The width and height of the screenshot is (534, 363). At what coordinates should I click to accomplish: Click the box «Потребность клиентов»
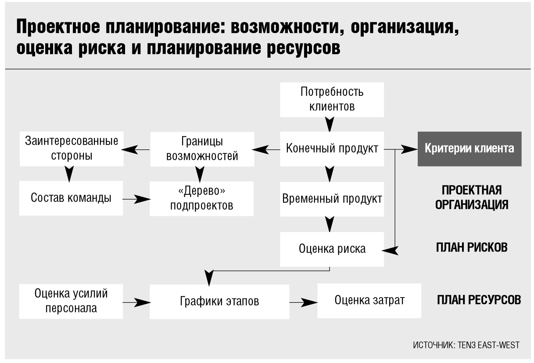332,100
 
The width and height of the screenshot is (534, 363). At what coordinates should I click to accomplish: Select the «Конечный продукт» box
332,149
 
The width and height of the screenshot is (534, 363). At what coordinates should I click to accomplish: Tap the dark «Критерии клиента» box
469,149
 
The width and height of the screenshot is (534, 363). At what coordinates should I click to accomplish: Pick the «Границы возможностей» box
202,149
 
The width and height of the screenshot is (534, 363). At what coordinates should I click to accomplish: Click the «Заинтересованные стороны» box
72,149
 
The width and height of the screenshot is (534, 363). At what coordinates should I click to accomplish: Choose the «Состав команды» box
71,198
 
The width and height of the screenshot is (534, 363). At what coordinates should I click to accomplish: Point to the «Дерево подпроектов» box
202,199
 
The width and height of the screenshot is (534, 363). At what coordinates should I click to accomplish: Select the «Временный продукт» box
332,199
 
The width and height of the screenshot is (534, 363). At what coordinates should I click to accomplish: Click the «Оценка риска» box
332,249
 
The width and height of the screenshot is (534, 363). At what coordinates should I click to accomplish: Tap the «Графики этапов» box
219,301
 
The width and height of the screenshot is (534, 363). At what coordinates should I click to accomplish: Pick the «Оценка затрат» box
369,301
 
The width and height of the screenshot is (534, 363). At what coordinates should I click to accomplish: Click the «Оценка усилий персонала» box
71,301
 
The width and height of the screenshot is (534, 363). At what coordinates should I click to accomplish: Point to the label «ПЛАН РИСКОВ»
472,247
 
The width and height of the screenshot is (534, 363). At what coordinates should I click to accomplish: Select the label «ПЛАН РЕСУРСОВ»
479,300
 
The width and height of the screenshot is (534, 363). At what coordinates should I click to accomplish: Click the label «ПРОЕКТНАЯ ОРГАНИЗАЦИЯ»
472,197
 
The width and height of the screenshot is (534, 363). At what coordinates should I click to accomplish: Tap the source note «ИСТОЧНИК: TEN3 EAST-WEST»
466,345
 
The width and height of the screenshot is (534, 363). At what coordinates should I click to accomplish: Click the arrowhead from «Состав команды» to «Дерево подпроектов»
142,199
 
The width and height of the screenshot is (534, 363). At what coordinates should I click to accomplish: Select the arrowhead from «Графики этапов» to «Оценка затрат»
309,303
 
